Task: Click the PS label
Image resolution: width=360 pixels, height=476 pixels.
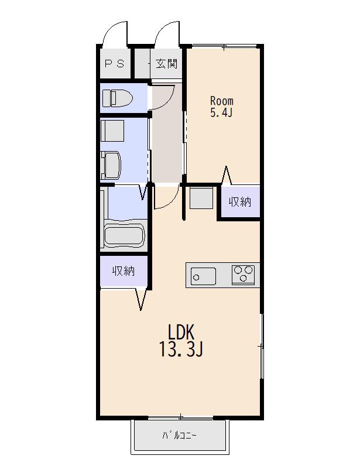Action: [x=114, y=64]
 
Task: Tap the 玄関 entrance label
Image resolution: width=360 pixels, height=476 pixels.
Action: [x=166, y=64]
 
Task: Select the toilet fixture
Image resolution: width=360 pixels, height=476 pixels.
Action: [x=118, y=98]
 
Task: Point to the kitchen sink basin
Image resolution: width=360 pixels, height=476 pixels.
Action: [x=203, y=276]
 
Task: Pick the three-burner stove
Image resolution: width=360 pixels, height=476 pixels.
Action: [x=243, y=275]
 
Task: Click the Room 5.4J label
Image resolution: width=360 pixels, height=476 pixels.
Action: [x=222, y=107]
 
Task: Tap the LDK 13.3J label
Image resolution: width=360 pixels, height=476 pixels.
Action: [x=181, y=341]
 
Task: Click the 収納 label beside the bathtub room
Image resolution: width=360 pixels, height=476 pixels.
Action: [x=124, y=270]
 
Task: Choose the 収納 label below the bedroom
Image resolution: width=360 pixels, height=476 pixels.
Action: [x=240, y=202]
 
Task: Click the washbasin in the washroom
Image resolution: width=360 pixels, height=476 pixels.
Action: [x=111, y=165]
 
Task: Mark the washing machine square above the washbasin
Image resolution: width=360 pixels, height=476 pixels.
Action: [x=112, y=131]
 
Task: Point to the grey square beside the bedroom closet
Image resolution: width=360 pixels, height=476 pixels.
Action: [x=201, y=198]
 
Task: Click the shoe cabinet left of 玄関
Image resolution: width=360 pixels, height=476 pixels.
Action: [x=142, y=64]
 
